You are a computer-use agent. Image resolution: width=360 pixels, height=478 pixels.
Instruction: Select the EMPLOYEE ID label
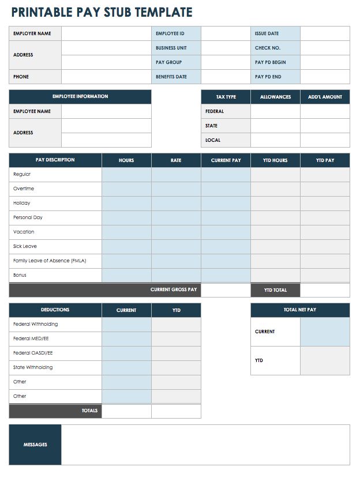pyautogui.click(x=170, y=33)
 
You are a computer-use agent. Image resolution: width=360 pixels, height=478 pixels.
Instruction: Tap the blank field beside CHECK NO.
pyautogui.click(x=325, y=48)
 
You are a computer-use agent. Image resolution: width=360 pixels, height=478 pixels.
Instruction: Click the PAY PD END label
pyautogui.click(x=268, y=77)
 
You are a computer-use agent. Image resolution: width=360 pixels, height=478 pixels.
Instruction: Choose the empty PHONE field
pyautogui.click(x=106, y=77)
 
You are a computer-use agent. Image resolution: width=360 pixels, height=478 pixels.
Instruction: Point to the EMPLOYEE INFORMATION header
pyautogui.click(x=80, y=96)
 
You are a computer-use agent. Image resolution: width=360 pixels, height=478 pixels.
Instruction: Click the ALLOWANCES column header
pyautogui.click(x=275, y=97)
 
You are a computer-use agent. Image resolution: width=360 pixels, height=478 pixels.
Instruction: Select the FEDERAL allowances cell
pyautogui.click(x=275, y=111)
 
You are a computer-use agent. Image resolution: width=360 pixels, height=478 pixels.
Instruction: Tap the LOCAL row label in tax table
pyautogui.click(x=213, y=140)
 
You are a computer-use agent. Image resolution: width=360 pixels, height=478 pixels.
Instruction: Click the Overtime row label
pyautogui.click(x=24, y=189)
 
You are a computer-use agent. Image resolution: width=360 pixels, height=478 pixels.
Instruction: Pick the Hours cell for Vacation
pyautogui.click(x=126, y=232)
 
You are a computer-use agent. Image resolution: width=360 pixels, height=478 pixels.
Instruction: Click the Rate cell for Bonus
pyautogui.click(x=176, y=275)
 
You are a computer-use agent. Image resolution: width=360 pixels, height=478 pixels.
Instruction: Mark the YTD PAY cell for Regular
pyautogui.click(x=325, y=174)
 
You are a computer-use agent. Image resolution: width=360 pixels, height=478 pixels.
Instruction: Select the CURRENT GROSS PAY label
pyautogui.click(x=174, y=289)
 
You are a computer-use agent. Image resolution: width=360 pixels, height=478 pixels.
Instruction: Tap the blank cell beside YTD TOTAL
pyautogui.click(x=325, y=290)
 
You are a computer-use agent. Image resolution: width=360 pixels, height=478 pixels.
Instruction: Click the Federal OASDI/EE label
pyautogui.click(x=33, y=353)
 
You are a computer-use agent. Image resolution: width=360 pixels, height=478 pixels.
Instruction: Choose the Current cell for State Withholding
pyautogui.click(x=126, y=367)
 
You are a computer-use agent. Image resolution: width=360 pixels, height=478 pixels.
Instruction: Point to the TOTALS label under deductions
pyautogui.click(x=90, y=411)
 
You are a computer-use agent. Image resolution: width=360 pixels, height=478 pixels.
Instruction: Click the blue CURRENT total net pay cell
pyautogui.click(x=325, y=332)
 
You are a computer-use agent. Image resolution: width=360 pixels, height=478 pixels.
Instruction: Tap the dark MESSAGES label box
pyautogui.click(x=35, y=445)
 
